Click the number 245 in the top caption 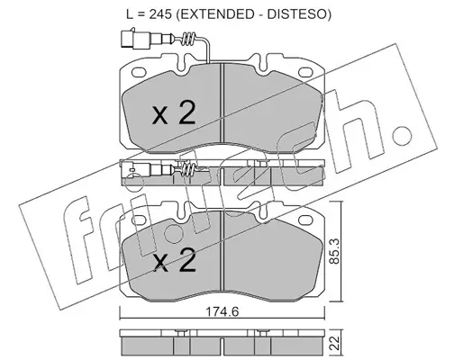click(x=160, y=14)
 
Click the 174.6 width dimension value click(x=222, y=312)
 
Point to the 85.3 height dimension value click(x=334, y=251)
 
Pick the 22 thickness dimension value click(x=335, y=343)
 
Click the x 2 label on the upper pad click(x=174, y=113)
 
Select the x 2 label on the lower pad click(x=174, y=260)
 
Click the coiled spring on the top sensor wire click(x=189, y=39)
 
